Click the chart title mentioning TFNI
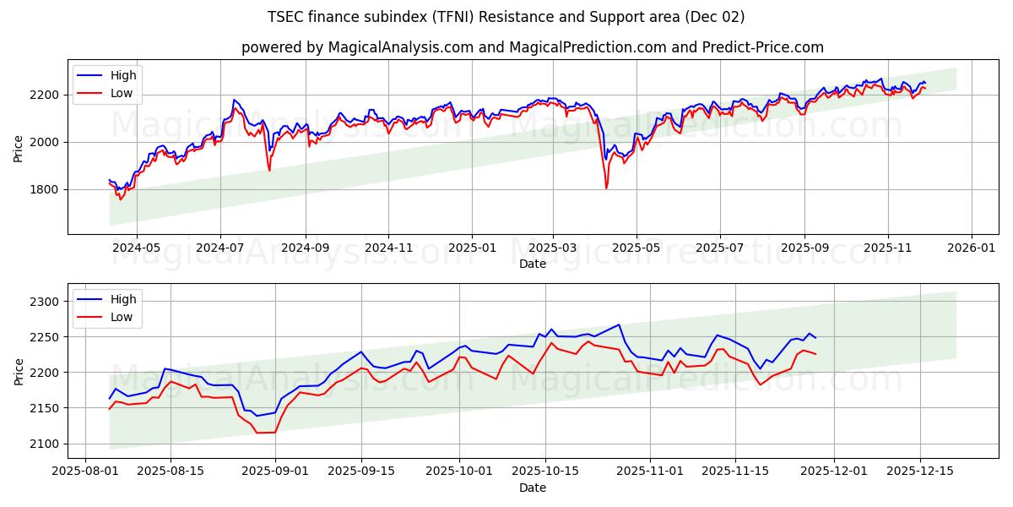506,17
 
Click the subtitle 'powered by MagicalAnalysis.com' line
532,47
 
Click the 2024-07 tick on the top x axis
220,249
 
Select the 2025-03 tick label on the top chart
553,249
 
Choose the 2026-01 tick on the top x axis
971,249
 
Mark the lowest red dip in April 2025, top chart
606,188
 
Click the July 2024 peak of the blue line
234,100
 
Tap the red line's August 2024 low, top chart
269,171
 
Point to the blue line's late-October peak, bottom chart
619,324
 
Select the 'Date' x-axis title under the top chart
532,264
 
